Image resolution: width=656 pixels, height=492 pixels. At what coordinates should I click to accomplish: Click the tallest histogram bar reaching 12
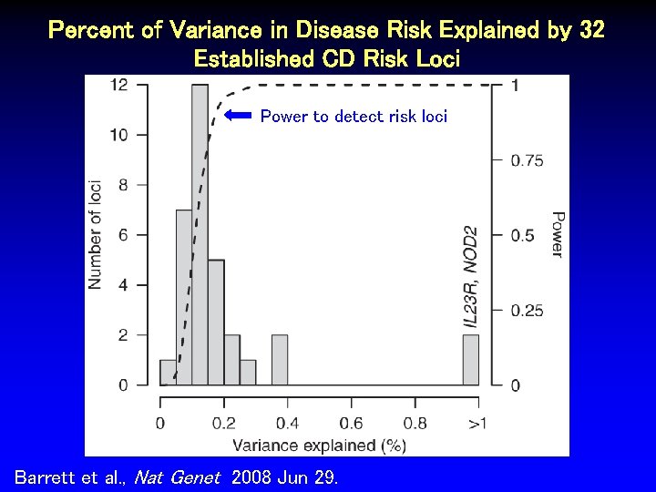point(200,235)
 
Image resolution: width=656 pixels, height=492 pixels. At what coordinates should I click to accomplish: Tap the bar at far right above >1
point(470,360)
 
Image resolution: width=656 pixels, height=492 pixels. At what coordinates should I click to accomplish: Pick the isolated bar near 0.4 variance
point(280,360)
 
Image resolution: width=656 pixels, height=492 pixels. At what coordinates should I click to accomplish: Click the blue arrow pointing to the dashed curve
point(239,116)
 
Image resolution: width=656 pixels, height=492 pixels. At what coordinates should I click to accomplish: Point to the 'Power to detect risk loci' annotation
point(354,117)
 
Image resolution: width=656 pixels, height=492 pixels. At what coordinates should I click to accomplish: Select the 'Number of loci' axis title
point(95,234)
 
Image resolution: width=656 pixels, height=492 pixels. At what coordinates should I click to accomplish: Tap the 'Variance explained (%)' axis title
point(318,445)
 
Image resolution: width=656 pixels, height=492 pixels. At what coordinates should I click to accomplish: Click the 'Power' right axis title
point(556,234)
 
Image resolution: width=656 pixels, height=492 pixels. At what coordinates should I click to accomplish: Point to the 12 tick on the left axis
point(118,86)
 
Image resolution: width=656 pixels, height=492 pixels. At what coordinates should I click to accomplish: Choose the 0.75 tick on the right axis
point(528,160)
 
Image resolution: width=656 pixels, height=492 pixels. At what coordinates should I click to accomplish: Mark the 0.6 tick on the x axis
point(351,423)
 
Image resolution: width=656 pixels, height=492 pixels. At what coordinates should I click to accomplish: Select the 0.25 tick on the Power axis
point(528,311)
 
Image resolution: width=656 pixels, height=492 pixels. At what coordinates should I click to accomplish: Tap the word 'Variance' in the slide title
point(210,31)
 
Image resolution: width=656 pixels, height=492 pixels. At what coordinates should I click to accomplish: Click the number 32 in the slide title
point(591,31)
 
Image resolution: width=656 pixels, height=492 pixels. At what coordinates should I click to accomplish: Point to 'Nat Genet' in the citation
point(178,477)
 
